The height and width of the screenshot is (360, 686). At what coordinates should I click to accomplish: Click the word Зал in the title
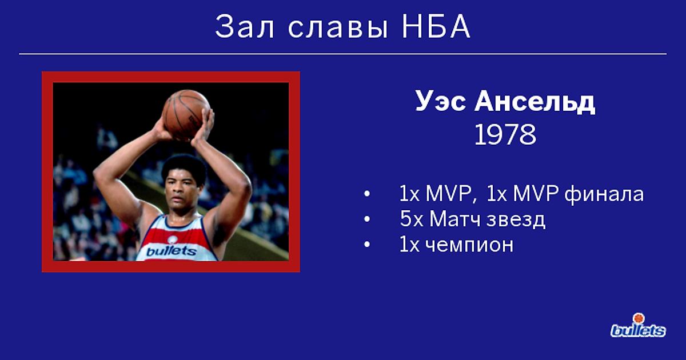point(245,27)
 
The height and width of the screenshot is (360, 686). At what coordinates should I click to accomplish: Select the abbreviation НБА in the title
point(436,27)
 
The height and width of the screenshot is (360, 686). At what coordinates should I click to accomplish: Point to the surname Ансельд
point(535,102)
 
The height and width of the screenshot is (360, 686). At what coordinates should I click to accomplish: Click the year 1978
point(505,134)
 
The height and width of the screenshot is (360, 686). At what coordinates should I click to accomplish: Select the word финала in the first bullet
point(604,195)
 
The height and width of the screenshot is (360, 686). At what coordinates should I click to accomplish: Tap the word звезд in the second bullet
point(516,220)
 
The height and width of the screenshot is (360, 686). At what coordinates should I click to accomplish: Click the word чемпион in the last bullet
point(469,245)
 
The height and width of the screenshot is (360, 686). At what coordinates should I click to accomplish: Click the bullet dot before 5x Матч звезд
point(367,219)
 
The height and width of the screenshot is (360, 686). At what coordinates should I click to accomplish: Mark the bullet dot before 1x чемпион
point(367,245)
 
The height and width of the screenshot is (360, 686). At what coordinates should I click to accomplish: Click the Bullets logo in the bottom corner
point(638,326)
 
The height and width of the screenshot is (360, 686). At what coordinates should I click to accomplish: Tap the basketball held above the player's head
point(186,115)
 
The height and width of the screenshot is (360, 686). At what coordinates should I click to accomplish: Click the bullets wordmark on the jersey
point(171,251)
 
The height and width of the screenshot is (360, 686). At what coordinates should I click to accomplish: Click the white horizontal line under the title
point(342,54)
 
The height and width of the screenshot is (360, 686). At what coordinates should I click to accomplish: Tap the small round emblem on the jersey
point(173,239)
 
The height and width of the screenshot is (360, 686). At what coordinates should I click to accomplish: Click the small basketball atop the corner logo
point(638,318)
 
